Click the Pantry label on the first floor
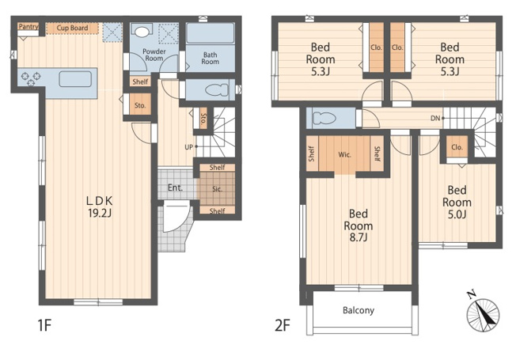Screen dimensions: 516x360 point(28,27)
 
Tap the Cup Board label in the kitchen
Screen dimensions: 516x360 point(72,28)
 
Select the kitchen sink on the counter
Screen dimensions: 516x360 point(75,79)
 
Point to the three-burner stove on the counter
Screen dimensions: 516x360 point(31,79)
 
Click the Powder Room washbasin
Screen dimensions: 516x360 point(142,32)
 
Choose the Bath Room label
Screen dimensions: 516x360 point(211,59)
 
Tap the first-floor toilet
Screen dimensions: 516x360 point(217,89)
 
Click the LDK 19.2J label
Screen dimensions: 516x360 point(100,207)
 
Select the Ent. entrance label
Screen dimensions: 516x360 point(175,188)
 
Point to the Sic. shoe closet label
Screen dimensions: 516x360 point(217,189)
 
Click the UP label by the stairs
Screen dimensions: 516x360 point(188,147)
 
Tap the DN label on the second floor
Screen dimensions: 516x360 point(435,118)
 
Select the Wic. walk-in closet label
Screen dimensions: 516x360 point(344,154)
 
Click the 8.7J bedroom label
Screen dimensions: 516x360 point(359,225)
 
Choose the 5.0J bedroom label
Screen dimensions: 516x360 point(457,202)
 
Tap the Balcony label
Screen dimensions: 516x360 point(359,310)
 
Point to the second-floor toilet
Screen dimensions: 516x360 point(324,118)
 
